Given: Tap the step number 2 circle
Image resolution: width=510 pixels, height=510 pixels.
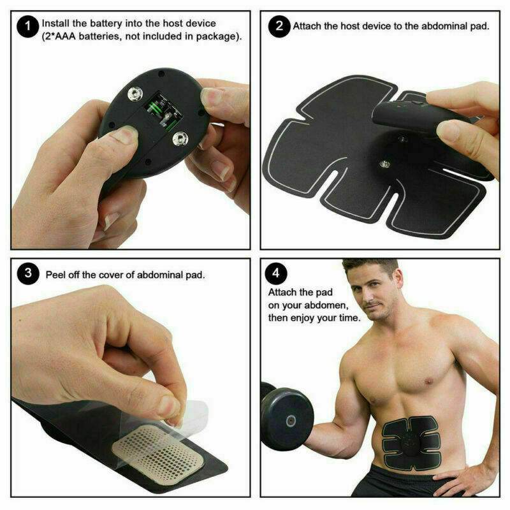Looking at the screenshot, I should [x=279, y=27].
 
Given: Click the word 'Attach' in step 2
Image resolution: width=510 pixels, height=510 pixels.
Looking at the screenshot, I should [x=307, y=27].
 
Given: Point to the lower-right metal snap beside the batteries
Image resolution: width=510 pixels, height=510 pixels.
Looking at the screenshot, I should [x=179, y=136].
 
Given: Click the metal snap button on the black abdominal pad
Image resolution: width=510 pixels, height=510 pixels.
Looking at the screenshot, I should [x=385, y=164].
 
